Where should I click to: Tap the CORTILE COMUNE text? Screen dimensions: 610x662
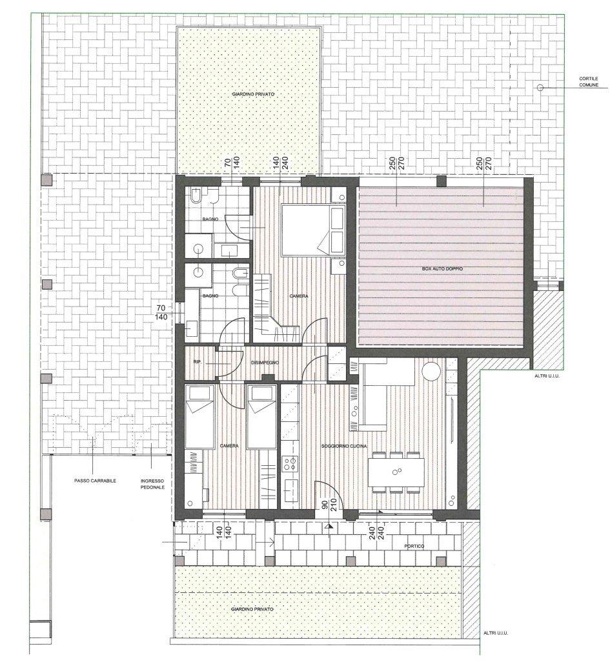pos(589,82)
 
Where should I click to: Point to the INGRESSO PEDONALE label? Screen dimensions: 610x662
pos(152,483)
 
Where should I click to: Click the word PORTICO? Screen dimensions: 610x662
pos(414,546)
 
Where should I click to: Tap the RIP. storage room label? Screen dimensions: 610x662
pos(196,362)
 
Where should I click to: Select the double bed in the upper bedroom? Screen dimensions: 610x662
pos(314,230)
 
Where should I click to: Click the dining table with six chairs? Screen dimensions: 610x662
pos(396,472)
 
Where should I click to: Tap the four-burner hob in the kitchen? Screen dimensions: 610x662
pos(290,463)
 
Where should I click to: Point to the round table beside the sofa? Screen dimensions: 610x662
pos(431,372)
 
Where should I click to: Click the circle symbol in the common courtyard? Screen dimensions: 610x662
pos(540,87)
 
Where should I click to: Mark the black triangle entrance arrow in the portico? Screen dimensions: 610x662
pos(329,527)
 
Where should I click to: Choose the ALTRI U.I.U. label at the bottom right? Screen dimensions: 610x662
pos(495,633)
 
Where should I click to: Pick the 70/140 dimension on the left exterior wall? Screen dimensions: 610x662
pos(161,312)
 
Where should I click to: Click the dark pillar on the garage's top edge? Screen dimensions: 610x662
pos(441,181)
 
